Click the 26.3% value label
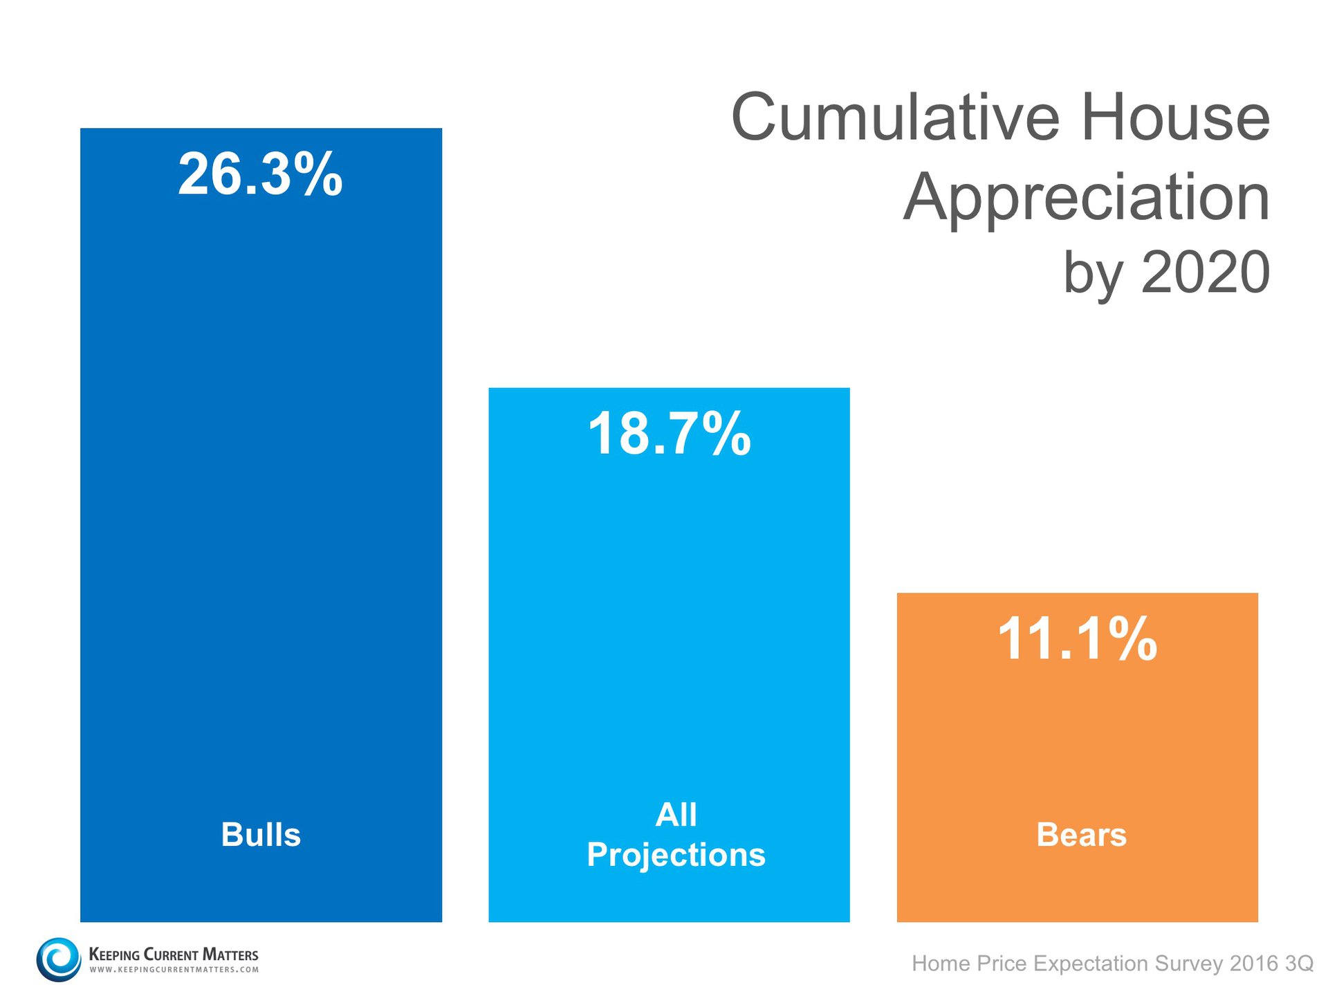(260, 174)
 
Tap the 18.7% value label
(669, 434)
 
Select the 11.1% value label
(1077, 639)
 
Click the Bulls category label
(261, 834)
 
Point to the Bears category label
(1081, 834)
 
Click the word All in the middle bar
(676, 814)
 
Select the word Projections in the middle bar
(676, 855)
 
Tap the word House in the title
(1175, 118)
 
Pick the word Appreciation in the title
(1086, 198)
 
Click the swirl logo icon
(59, 959)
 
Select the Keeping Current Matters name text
(174, 954)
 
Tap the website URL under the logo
(174, 970)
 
